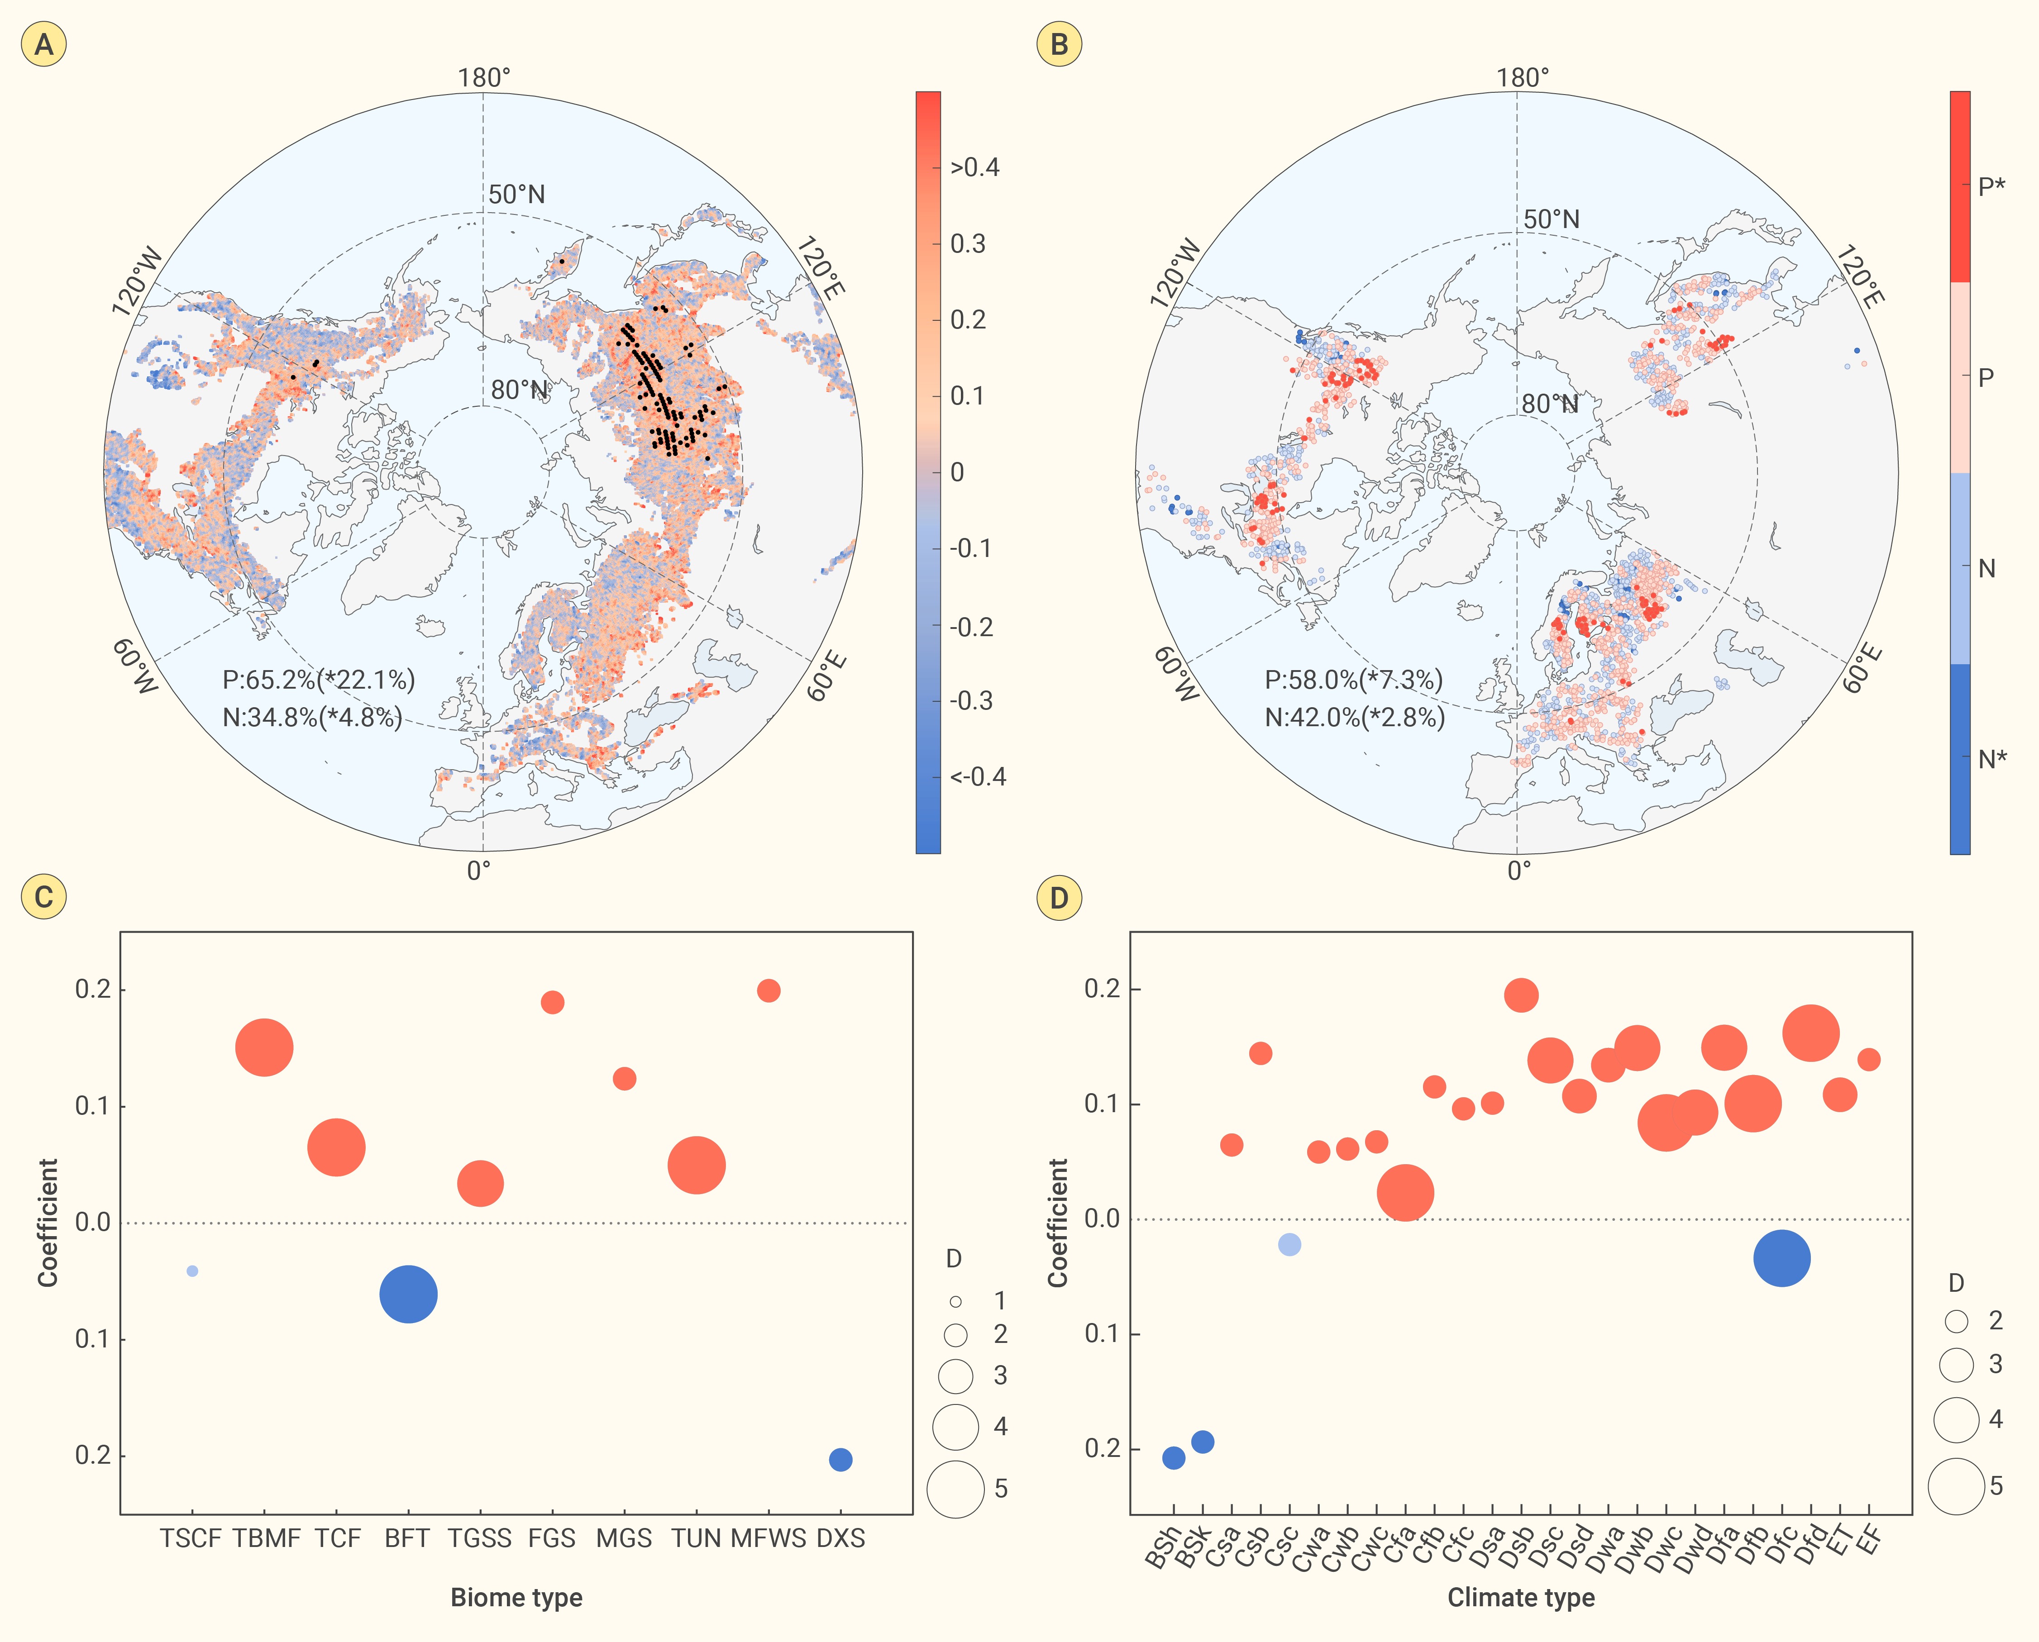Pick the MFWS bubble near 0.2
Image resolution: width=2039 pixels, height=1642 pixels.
768,990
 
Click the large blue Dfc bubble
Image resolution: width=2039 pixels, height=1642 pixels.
1781,1258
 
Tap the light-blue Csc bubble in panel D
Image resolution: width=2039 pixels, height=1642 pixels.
1289,1245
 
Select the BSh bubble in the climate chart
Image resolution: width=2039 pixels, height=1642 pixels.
1173,1457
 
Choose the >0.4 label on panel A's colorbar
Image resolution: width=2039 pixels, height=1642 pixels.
974,167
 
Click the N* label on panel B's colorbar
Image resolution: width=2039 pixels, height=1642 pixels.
1991,759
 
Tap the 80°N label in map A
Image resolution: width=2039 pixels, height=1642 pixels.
519,390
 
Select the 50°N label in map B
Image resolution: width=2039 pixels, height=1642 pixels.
1551,219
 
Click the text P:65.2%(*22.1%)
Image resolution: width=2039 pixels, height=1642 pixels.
319,680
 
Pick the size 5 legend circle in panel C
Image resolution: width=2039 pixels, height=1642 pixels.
955,1489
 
